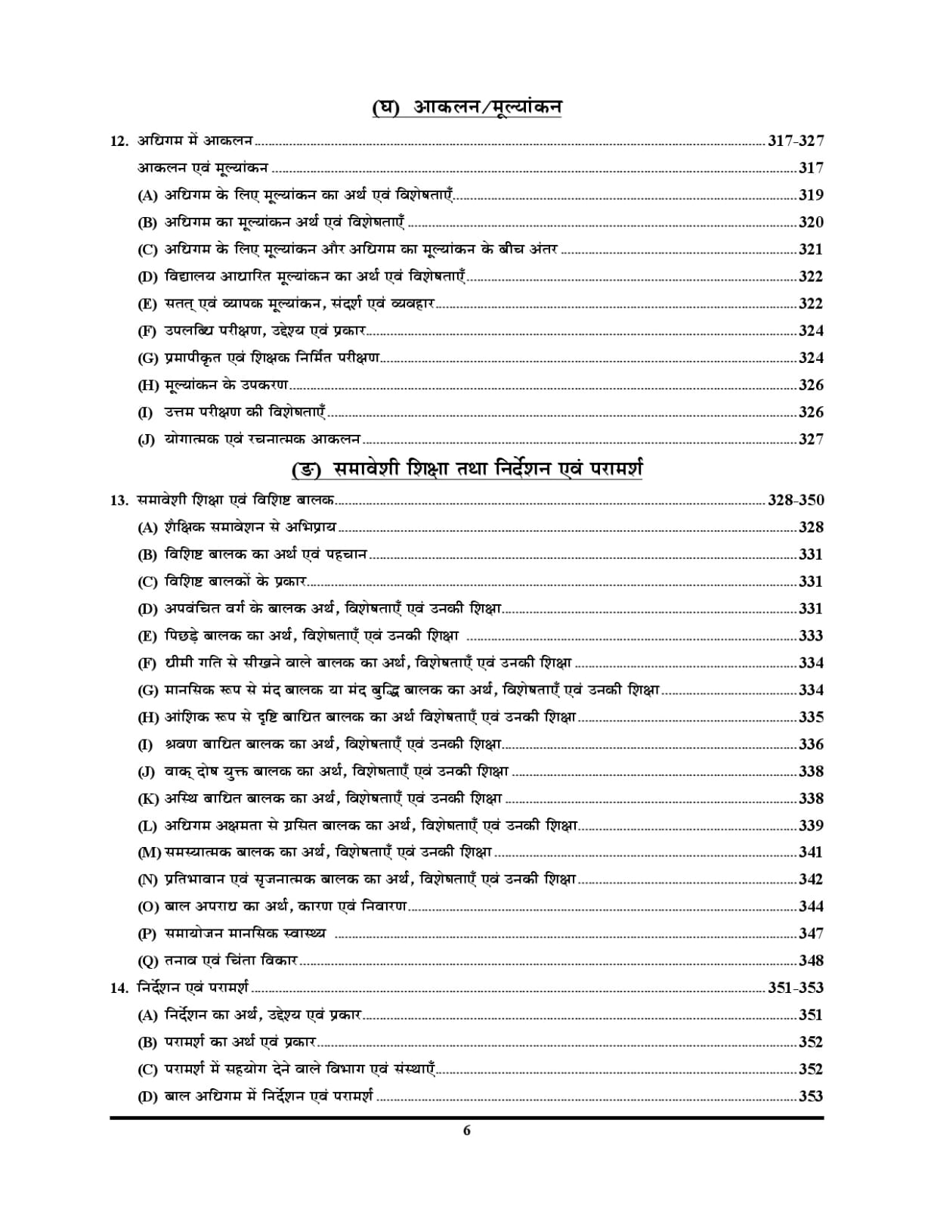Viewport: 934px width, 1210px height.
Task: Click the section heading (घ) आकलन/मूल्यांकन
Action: [466, 108]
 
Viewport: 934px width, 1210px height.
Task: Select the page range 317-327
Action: [796, 141]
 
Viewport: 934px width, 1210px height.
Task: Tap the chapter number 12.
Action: [120, 141]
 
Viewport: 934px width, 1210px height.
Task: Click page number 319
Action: [811, 195]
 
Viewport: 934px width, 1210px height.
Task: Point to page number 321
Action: [811, 250]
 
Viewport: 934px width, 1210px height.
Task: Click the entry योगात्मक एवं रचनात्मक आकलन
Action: [261, 439]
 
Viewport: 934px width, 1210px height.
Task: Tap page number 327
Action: [811, 439]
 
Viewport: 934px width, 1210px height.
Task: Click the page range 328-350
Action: [796, 500]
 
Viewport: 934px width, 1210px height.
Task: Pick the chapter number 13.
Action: [120, 500]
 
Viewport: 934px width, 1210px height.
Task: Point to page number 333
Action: [811, 636]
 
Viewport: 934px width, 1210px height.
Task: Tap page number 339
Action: [811, 826]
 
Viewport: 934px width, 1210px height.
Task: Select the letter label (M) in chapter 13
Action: [150, 853]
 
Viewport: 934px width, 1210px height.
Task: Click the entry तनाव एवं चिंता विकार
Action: [231, 961]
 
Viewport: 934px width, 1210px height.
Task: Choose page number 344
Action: [811, 907]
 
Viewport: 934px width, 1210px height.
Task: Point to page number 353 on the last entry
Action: [811, 1097]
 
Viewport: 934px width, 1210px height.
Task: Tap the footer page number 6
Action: [466, 1131]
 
